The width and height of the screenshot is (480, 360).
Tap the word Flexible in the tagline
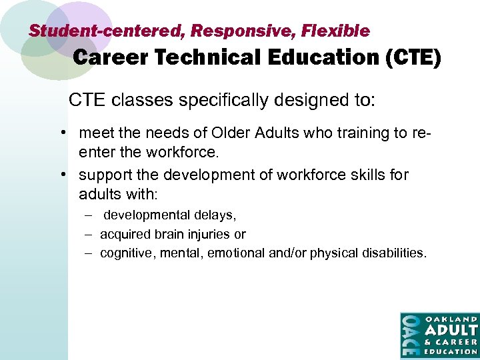(x=335, y=31)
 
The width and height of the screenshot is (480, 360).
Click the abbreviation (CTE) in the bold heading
(x=413, y=59)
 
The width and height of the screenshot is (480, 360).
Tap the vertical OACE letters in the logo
(x=410, y=335)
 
